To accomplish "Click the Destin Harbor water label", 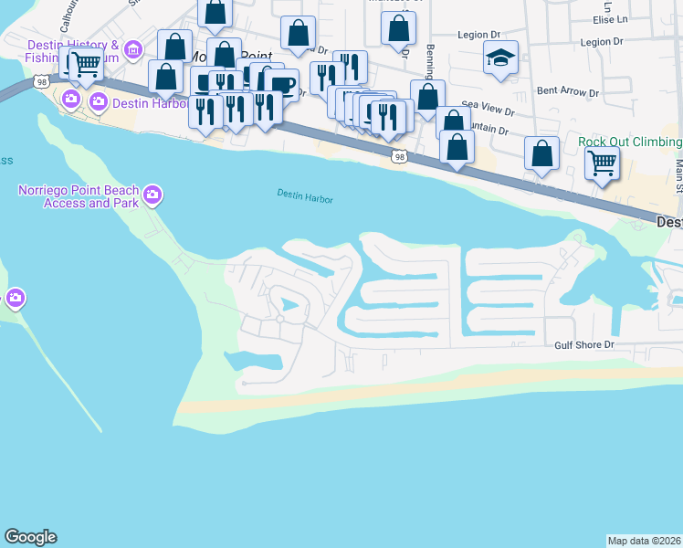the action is pos(305,197).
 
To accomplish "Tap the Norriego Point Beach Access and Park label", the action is pos(79,196).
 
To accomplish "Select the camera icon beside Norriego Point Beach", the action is pos(152,194).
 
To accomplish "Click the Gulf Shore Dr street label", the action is pos(586,345).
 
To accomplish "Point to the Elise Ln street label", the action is pos(636,18).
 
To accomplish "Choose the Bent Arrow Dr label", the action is pos(567,92).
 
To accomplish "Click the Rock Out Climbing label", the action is pos(630,142).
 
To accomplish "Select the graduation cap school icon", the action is pos(500,58).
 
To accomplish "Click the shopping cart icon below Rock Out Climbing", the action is pos(602,163).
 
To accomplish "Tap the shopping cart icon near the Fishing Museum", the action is pos(85,64).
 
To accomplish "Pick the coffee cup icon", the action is pos(283,85).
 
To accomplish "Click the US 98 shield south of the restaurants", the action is pos(399,157).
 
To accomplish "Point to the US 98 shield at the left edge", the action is pos(42,82).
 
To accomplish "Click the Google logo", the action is pos(30,537).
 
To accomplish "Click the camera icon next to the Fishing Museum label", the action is pos(134,48).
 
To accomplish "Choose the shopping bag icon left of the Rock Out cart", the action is pos(541,154).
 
